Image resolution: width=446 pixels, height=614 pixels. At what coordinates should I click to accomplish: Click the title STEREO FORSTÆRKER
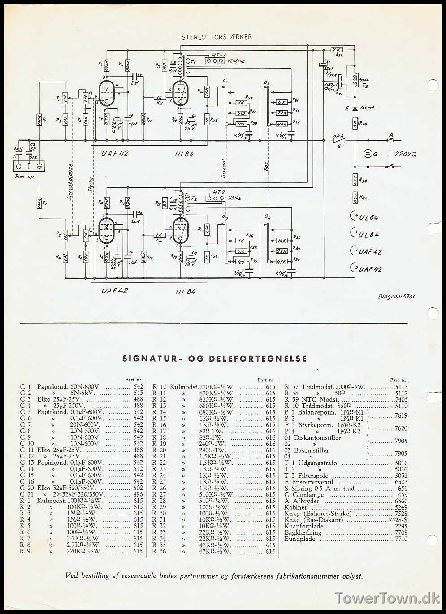tap(217, 37)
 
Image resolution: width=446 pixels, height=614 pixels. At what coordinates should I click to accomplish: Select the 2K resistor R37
tap(337, 50)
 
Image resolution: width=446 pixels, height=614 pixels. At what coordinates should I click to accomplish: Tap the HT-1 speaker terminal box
tap(215, 61)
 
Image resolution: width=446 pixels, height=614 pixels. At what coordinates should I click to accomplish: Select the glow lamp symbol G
tap(368, 154)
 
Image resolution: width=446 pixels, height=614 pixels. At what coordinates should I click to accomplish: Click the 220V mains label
tap(405, 154)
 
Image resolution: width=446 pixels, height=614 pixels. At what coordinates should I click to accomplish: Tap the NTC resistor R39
tap(355, 179)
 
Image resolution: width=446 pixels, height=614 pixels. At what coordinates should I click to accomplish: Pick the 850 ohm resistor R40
tap(355, 197)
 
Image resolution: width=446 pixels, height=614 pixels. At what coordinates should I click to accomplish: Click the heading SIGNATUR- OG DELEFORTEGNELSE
tap(215, 359)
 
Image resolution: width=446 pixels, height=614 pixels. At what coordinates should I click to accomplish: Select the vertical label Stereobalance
tap(70, 181)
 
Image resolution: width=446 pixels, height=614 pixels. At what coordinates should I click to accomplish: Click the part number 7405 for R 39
tap(401, 399)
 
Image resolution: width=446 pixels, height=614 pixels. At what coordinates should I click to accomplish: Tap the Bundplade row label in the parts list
tap(299, 539)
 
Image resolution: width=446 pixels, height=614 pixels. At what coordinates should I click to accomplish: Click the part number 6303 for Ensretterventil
tap(401, 482)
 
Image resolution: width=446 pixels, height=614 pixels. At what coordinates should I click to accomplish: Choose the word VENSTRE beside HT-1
tap(236, 61)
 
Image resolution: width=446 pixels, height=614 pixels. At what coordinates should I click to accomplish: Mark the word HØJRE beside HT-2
tap(234, 198)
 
